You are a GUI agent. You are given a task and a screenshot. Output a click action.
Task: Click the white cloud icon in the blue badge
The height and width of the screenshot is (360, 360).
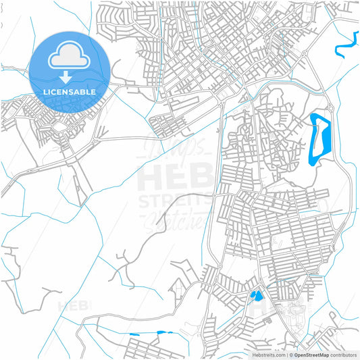70,56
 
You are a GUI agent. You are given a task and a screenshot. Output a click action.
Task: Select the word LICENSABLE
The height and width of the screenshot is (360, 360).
70,91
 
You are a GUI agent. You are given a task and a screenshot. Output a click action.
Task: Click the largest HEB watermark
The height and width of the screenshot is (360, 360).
173,179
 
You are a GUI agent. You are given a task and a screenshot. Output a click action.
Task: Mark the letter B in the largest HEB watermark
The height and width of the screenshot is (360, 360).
199,179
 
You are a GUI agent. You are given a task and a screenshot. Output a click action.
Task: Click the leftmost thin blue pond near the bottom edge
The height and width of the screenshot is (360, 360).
133,335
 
